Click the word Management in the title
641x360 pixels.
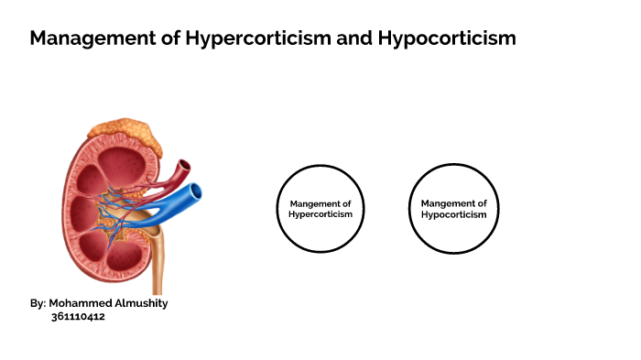84,38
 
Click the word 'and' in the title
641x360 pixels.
333,38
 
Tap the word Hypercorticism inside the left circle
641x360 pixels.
320,214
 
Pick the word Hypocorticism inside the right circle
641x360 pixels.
453,214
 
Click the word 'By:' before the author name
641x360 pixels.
38,303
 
